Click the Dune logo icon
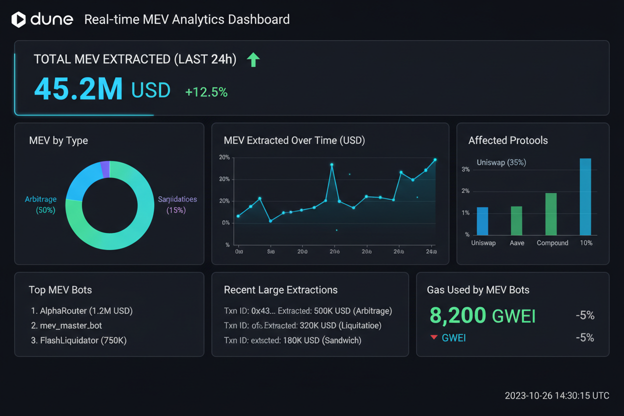tap(18, 19)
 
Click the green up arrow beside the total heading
tap(253, 59)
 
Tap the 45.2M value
tap(78, 89)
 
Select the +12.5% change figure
tap(206, 92)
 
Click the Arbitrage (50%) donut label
tap(40, 204)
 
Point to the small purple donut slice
tap(105, 169)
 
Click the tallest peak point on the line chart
tap(331, 164)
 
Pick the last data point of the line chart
tap(435, 159)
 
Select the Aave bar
tap(516, 220)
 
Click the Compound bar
tap(550, 214)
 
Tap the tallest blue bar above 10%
tap(585, 196)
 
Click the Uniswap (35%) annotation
tap(501, 162)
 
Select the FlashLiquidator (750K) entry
tap(78, 340)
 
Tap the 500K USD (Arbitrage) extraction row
tap(307, 311)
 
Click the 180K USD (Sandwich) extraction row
tap(292, 340)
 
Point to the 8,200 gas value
tap(457, 315)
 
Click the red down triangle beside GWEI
tap(434, 338)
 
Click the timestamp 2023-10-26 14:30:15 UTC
tap(556, 395)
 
